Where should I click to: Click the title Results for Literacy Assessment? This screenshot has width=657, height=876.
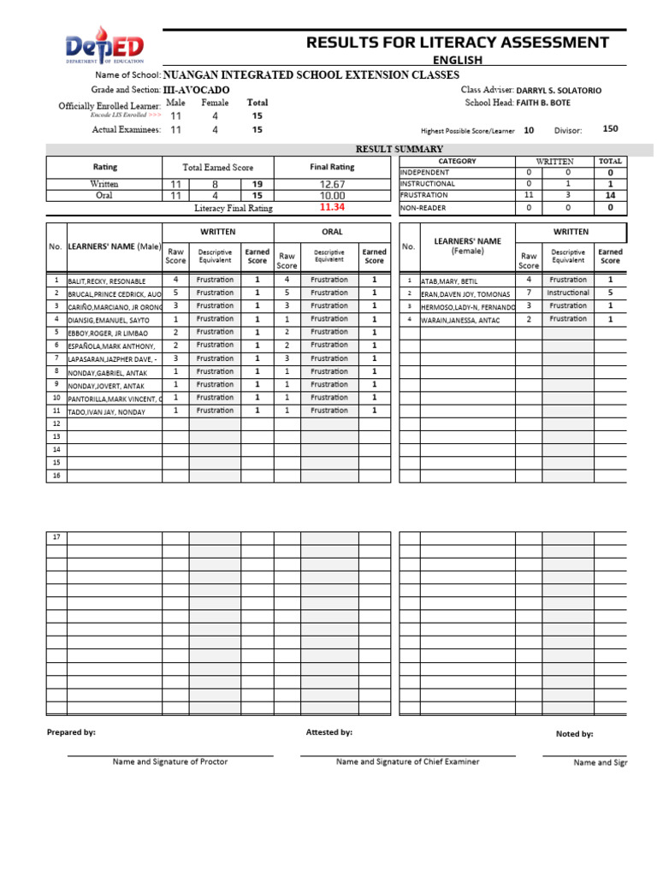tap(458, 42)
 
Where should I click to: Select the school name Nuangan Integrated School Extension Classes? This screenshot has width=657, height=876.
tap(311, 75)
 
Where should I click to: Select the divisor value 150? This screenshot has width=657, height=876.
tap(610, 129)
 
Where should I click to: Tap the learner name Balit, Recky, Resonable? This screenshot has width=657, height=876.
tap(107, 281)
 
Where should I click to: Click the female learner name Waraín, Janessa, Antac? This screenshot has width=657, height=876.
tap(460, 320)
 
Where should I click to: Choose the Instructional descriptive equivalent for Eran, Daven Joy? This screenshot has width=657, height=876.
tap(568, 293)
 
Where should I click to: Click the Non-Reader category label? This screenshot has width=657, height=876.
tap(423, 207)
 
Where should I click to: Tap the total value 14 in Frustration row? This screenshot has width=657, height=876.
tap(610, 195)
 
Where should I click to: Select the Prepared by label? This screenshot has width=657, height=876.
tap(71, 732)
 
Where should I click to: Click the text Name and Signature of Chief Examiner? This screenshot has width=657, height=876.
tap(407, 761)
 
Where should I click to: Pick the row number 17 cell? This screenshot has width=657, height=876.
tap(56, 537)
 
